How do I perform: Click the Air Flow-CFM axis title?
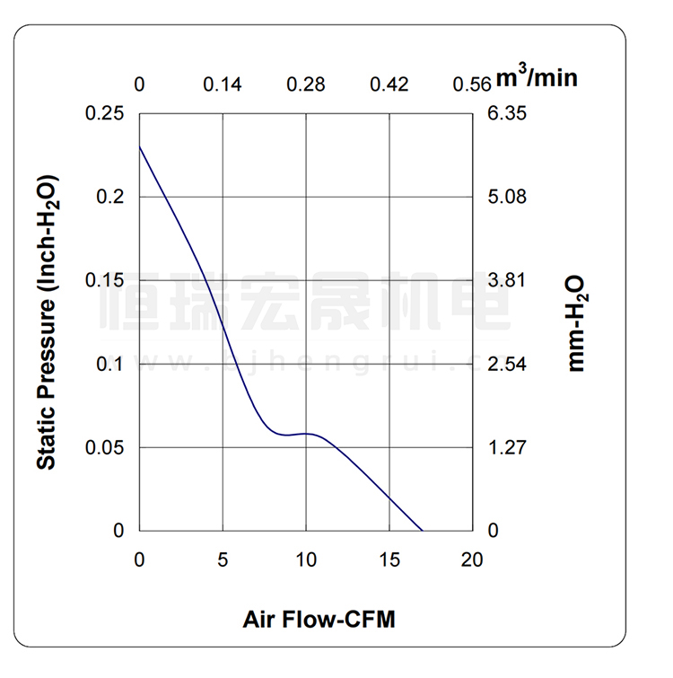[x=319, y=620]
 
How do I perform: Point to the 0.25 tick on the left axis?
[x=105, y=114]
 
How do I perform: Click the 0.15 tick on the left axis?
[x=105, y=280]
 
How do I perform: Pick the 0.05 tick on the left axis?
[x=105, y=447]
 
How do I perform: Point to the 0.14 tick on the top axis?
[x=222, y=85]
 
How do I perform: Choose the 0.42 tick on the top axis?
[x=389, y=85]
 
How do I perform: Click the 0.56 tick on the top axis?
[x=472, y=85]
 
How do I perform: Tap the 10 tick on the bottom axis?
[x=306, y=559]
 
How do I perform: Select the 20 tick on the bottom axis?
[x=472, y=559]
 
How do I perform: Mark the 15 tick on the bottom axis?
[x=389, y=559]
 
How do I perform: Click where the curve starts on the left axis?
[x=140, y=146]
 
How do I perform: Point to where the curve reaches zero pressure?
[x=423, y=530]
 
